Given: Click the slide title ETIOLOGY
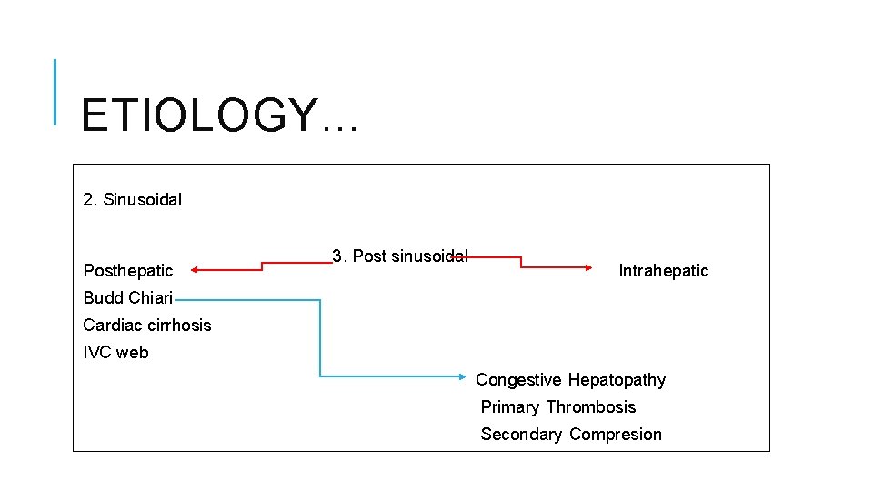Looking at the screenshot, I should point(219,115).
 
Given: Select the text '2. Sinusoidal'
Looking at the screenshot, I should point(132,199).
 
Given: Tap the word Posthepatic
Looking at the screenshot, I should point(127,270).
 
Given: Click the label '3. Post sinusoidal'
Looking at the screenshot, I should point(399,256).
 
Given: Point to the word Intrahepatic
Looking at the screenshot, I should point(663,270).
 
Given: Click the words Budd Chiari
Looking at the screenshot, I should point(127,297).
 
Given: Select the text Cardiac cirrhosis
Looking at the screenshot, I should point(146,325).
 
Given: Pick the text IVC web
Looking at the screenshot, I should point(115,352).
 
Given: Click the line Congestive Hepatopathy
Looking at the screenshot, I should point(570,379).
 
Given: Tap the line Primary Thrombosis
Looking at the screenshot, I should point(557,406).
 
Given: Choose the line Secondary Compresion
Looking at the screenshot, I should point(570,434).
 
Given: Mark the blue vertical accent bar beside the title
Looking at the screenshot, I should point(55,91).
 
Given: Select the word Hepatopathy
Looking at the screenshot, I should point(617,379).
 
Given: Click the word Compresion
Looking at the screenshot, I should point(616,434).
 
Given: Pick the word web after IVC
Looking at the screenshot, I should point(133,352).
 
